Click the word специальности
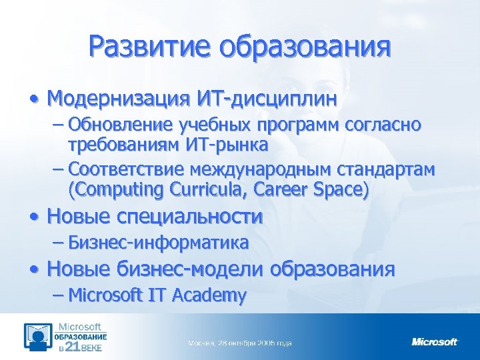coord(189,217)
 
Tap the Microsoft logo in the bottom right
coord(435,342)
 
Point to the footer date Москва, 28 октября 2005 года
coord(240,343)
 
